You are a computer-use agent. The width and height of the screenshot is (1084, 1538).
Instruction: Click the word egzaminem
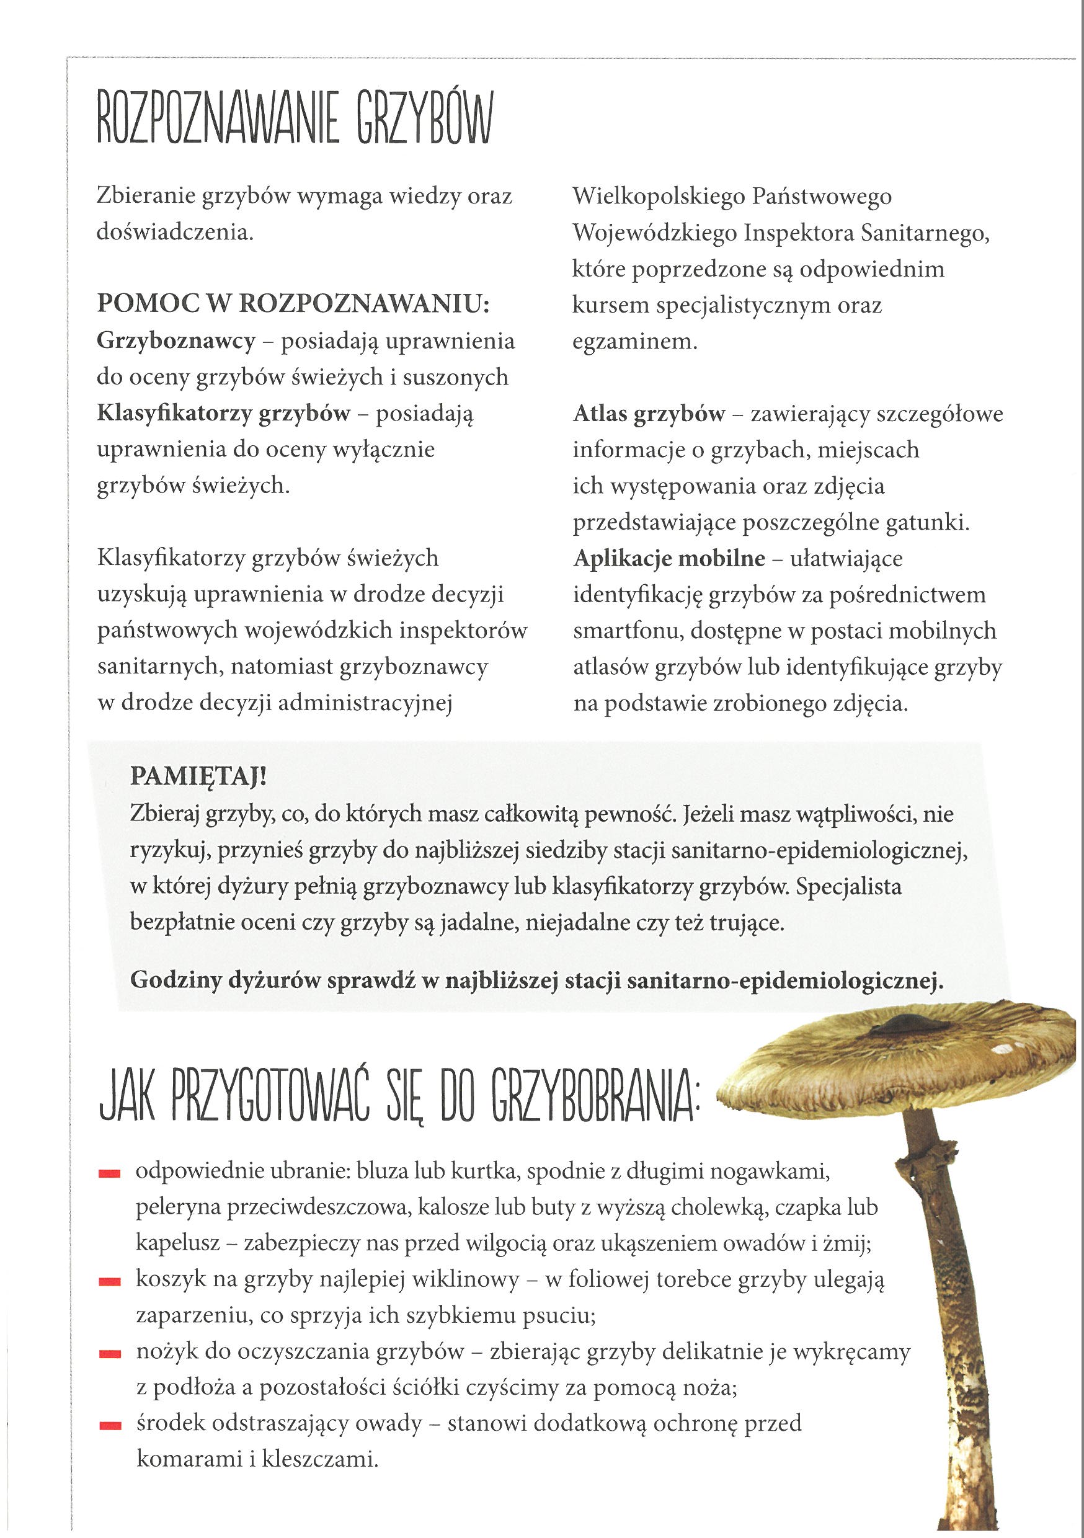pos(634,342)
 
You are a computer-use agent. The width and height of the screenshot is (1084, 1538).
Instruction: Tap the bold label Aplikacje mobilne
pos(669,559)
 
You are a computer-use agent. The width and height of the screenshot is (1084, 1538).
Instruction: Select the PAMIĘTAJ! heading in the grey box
pos(198,776)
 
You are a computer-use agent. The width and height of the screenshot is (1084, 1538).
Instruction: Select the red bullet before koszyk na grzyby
pos(109,1282)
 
